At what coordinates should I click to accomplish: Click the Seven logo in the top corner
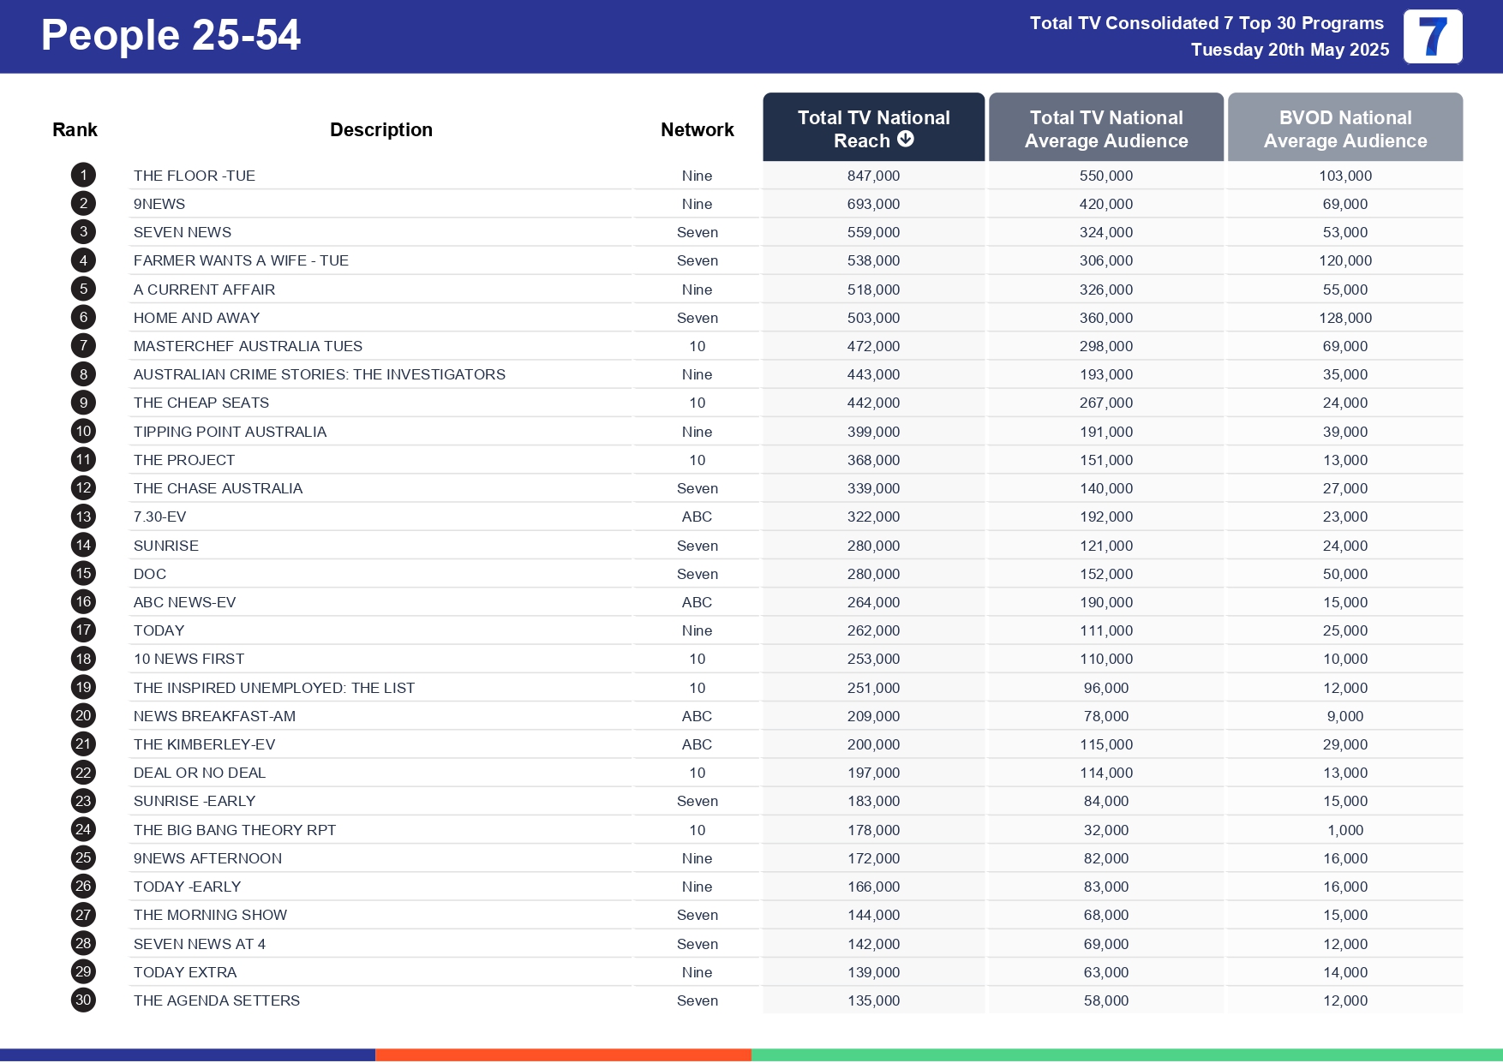[x=1432, y=37]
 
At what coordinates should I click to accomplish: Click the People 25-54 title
[x=171, y=36]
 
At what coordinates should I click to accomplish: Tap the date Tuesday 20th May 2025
[x=1290, y=50]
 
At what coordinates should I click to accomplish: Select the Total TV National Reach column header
[x=873, y=128]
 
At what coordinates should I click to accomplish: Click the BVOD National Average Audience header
[x=1344, y=128]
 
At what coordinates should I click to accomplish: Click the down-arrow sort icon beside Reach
[x=906, y=139]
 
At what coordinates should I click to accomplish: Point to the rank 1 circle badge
[x=83, y=176]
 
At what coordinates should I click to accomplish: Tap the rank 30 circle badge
[x=83, y=1000]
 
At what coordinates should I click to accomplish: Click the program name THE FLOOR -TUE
[x=195, y=176]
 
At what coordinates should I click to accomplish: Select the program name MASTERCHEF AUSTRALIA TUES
[x=248, y=346]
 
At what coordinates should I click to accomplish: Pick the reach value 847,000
[x=873, y=176]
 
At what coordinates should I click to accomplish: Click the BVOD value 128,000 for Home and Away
[x=1344, y=318]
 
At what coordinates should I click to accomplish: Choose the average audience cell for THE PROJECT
[x=1105, y=460]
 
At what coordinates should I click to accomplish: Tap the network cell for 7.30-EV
[x=697, y=517]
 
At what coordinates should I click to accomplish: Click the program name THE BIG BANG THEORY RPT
[x=235, y=830]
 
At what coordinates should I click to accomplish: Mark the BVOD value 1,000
[x=1344, y=830]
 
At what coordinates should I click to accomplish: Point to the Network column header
[x=697, y=129]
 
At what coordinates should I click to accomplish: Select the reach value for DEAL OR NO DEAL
[x=873, y=773]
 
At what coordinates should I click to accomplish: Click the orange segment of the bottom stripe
[x=563, y=1055]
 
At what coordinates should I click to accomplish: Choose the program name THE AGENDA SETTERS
[x=217, y=1000]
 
